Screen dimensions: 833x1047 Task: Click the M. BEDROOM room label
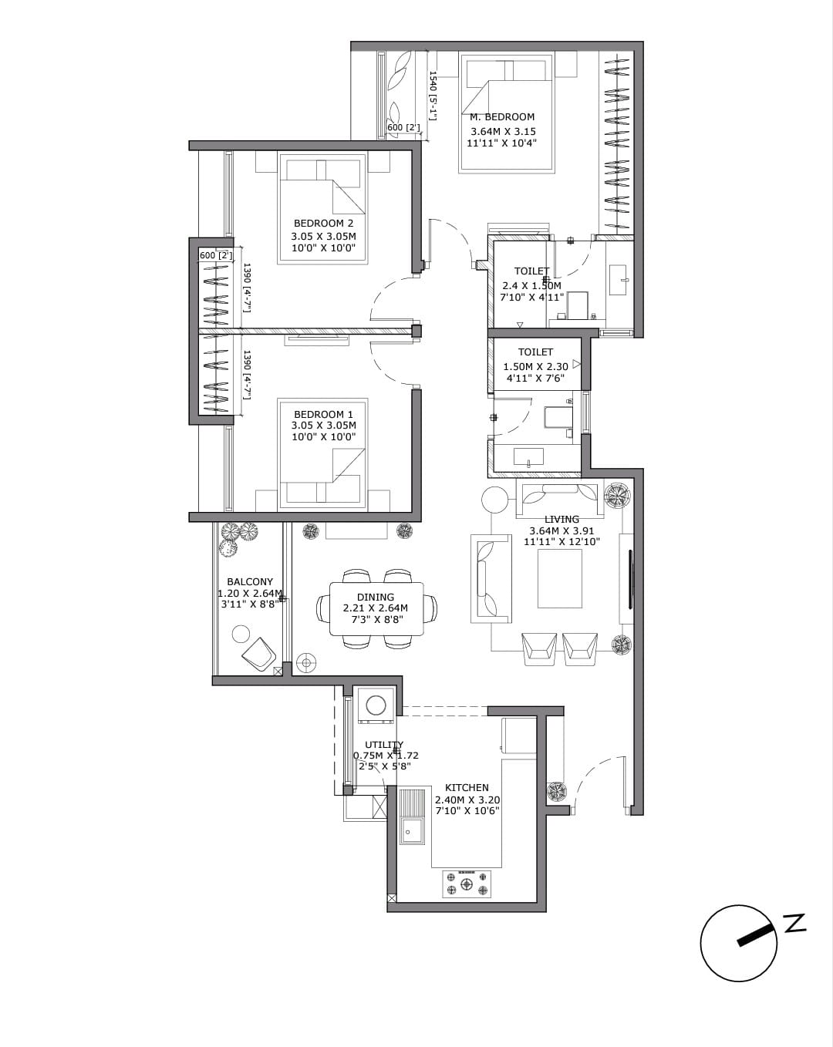click(502, 117)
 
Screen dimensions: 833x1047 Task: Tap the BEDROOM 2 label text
click(323, 224)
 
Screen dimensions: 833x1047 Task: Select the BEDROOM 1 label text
click(323, 415)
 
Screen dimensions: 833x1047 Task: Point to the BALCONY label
click(250, 582)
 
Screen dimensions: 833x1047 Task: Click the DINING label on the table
click(376, 597)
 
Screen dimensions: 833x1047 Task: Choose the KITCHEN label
click(467, 787)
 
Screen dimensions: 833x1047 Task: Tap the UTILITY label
click(384, 744)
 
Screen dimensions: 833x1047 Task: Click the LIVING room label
click(562, 519)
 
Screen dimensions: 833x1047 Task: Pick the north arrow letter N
click(794, 923)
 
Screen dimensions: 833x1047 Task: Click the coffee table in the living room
click(559, 578)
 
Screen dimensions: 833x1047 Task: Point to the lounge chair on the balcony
click(258, 655)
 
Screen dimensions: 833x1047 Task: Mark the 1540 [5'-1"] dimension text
click(433, 96)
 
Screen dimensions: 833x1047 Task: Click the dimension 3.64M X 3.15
click(503, 131)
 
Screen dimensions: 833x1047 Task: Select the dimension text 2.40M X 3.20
click(467, 800)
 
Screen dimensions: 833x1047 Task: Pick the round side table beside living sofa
click(494, 500)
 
